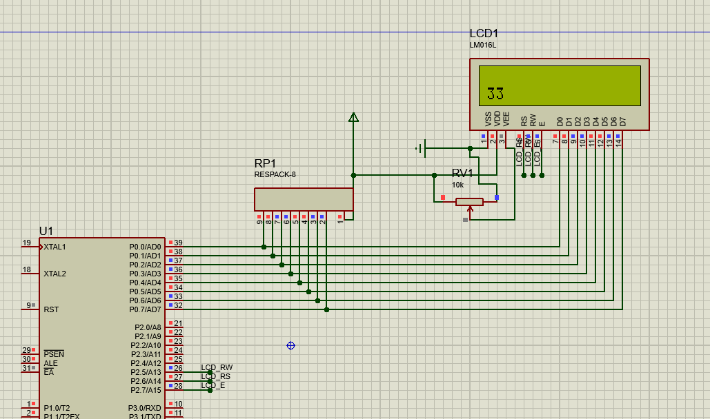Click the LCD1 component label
coord(484,34)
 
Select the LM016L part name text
coord(483,45)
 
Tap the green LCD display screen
coord(560,85)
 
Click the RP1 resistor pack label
coord(265,163)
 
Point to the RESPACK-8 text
coord(275,175)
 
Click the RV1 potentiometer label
coord(462,173)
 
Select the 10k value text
coord(458,185)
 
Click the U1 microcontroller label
coord(46,231)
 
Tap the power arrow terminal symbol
coord(353,118)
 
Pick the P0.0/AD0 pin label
coord(145,247)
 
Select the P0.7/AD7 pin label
coord(145,309)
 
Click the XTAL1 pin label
coord(55,247)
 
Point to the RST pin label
coord(51,309)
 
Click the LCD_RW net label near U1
coord(217,368)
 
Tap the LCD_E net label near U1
coord(213,386)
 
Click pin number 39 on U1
coord(178,243)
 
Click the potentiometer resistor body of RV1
coord(469,202)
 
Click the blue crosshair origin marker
coord(290,345)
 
